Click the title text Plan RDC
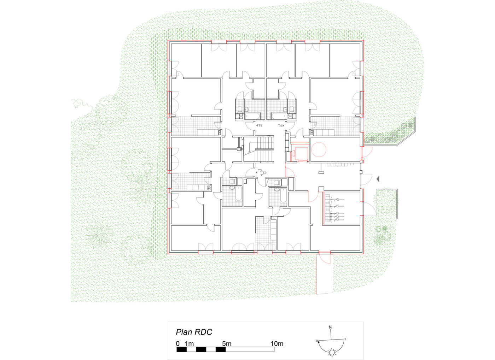coord(194,332)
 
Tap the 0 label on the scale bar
coord(178,344)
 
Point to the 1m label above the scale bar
coord(190,344)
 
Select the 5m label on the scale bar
coord(227,344)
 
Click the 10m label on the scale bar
coord(277,344)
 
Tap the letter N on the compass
coord(330,327)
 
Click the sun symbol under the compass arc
coord(332,353)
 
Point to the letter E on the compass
coord(345,339)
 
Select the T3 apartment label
coord(260,171)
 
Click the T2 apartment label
coord(264,173)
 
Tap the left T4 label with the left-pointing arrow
coord(259,125)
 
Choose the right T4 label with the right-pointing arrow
coord(281,125)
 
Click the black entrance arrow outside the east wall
coord(378,179)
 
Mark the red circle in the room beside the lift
coord(319,149)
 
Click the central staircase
coord(259,149)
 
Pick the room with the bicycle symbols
coord(342,208)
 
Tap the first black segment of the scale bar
coord(182,349)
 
